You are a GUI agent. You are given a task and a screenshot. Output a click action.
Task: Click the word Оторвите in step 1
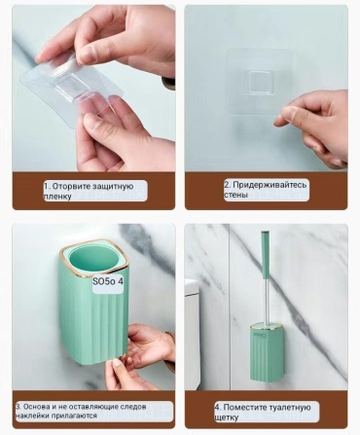(71, 187)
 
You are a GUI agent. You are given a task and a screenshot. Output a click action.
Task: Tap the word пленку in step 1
(57, 197)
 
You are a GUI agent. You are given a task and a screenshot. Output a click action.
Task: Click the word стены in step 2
(235, 195)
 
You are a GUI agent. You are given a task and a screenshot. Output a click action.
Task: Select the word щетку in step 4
(227, 417)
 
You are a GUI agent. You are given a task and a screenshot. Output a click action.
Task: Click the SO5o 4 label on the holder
(108, 281)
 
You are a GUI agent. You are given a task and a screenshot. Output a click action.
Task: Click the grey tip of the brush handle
(266, 234)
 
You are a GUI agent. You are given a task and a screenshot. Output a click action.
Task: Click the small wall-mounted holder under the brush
(264, 352)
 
